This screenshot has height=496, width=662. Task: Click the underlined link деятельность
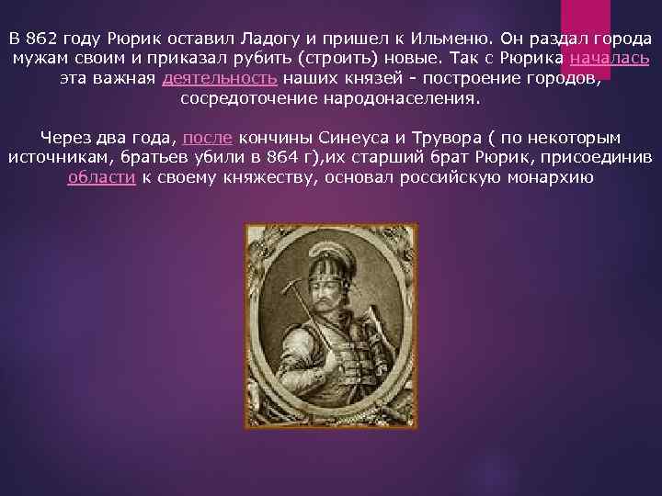point(220,79)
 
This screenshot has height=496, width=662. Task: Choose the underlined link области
point(102,176)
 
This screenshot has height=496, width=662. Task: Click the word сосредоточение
point(243,98)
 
